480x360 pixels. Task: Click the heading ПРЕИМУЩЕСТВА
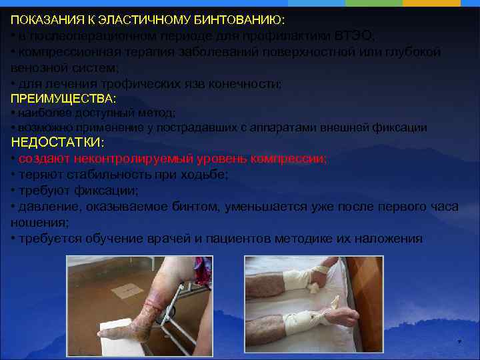[63, 99]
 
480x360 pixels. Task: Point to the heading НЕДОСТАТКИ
[57, 143]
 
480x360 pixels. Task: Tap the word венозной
[37, 68]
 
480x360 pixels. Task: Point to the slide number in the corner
[459, 343]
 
